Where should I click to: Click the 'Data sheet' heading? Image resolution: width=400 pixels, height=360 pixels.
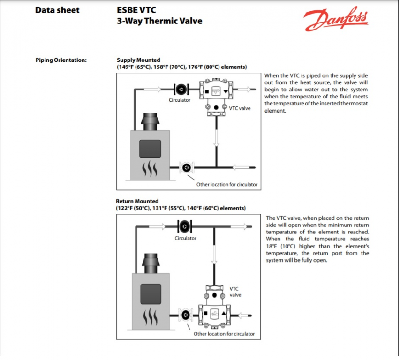tap(57, 10)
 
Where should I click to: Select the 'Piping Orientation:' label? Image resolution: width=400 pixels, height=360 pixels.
tap(61, 60)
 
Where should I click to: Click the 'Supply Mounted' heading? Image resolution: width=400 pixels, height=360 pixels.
tap(138, 60)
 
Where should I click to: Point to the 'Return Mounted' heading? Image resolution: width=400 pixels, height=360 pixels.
tap(137, 201)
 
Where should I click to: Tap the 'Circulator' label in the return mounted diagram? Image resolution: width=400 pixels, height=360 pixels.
tap(185, 238)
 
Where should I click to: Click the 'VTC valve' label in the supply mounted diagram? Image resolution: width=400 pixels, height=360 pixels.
tap(240, 108)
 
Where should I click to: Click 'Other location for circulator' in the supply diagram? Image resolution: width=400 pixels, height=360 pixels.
tap(227, 184)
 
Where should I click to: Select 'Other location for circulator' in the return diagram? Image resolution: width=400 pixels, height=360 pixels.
tap(224, 334)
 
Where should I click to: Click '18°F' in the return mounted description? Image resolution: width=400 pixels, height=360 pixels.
tap(271, 246)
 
